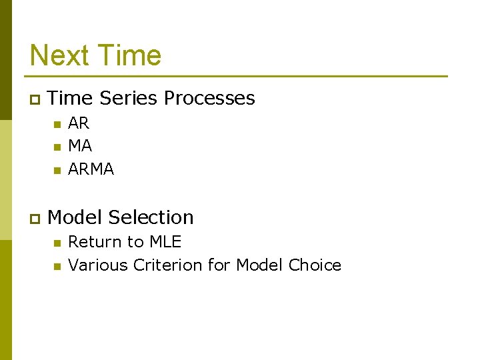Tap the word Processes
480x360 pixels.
point(209,98)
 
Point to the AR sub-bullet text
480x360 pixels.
point(79,123)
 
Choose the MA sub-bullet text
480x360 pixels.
point(80,146)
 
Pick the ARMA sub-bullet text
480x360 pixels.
point(91,169)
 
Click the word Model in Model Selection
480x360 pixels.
point(75,217)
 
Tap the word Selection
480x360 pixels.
point(151,217)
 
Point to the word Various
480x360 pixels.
point(98,265)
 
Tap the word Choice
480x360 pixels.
point(315,265)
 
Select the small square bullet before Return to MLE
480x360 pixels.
point(57,243)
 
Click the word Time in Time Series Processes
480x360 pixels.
point(71,98)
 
